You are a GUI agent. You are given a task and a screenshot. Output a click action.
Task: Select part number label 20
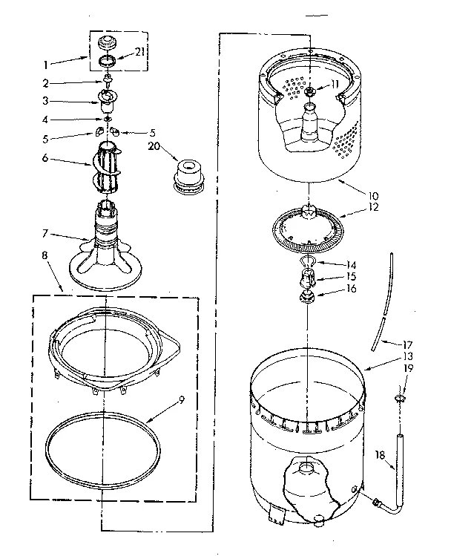(154, 145)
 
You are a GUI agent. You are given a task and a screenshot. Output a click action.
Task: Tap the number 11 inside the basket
(335, 84)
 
